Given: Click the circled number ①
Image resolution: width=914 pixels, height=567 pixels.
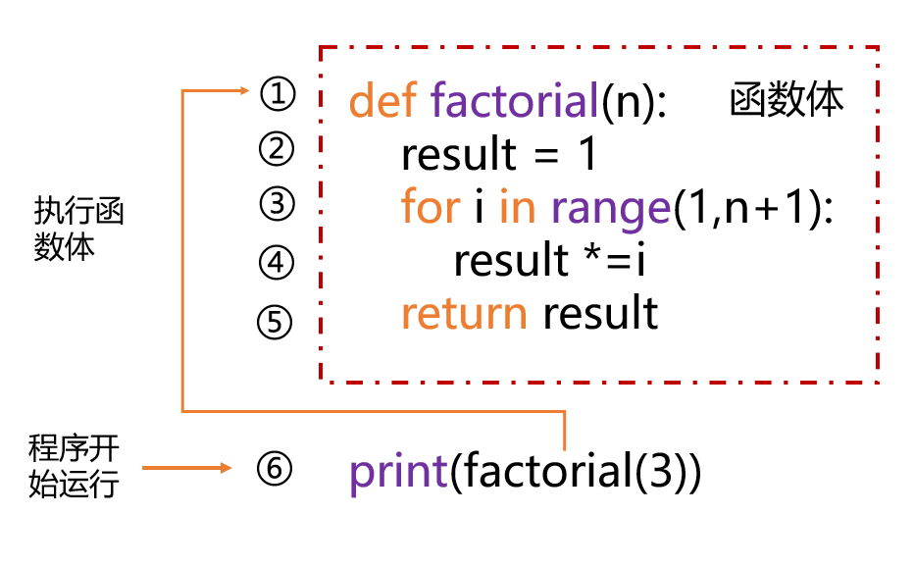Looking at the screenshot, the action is point(278,94).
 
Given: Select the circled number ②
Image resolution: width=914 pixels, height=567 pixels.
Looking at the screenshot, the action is point(277,149).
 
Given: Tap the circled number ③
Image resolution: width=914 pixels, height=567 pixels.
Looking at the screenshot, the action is point(277,204).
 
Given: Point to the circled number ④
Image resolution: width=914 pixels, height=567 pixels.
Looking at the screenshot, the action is point(277,263).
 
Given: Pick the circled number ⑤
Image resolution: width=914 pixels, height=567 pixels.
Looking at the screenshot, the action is point(275,322).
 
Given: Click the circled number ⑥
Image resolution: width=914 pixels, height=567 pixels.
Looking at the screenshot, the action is point(274,469).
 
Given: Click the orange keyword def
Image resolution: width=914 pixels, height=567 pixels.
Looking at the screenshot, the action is point(383,100).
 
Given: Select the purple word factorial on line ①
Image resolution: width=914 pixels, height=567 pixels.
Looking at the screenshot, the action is point(515,100).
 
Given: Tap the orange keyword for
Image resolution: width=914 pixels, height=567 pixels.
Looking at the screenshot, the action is point(431,207).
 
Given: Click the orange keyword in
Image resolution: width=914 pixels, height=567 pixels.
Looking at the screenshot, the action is point(517,208).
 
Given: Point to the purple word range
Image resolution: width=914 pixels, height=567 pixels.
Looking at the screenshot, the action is point(611,211).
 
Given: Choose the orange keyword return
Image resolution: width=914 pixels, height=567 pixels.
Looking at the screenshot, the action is point(464,313).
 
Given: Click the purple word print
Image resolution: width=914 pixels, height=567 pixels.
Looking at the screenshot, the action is point(399,473).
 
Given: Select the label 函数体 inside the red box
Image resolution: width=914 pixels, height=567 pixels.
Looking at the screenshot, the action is point(787,99).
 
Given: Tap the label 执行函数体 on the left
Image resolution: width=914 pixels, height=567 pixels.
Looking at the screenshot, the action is point(78,229).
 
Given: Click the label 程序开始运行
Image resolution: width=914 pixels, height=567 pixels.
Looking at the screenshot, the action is point(74,466).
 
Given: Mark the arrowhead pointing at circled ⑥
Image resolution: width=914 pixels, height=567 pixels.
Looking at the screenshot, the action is point(226,468).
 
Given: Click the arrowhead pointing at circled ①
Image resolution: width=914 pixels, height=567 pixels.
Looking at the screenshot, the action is point(243,90).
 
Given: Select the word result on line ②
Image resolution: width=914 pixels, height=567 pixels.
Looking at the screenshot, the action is point(459,154).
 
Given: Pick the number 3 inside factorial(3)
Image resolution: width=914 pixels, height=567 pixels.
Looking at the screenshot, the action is point(661,471).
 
